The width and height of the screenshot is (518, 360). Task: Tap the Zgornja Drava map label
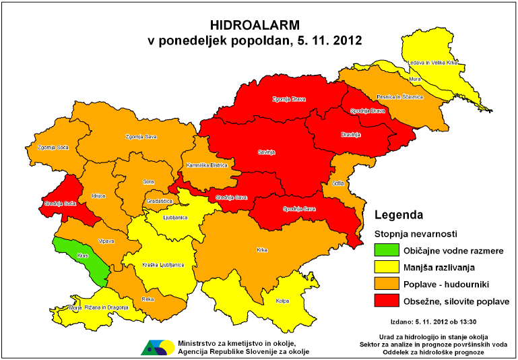(x=289, y=99)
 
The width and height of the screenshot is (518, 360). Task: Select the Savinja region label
(x=267, y=152)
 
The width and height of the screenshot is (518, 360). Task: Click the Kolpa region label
(x=282, y=301)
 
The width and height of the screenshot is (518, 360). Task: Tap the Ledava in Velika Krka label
(x=433, y=63)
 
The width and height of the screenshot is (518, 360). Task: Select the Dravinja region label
(x=352, y=135)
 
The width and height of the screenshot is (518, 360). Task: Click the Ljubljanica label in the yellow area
(x=175, y=218)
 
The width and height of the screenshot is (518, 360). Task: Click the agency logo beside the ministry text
(x=157, y=347)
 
